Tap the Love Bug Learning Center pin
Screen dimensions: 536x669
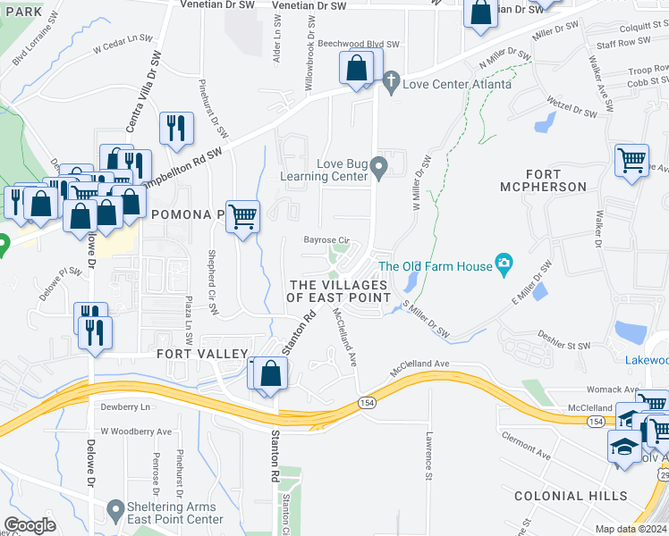pos(379,167)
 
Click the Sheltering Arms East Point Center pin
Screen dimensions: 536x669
pos(114,510)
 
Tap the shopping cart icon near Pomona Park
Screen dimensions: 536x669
pos(243,215)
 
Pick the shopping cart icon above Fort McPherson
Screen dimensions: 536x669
pos(631,160)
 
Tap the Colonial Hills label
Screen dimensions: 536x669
pos(563,495)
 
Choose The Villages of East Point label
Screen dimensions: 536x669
pos(339,290)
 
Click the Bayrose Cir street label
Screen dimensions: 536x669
pos(326,240)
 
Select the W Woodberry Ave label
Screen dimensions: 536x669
pos(135,431)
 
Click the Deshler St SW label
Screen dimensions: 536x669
pos(564,340)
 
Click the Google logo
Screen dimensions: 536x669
pos(30,525)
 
